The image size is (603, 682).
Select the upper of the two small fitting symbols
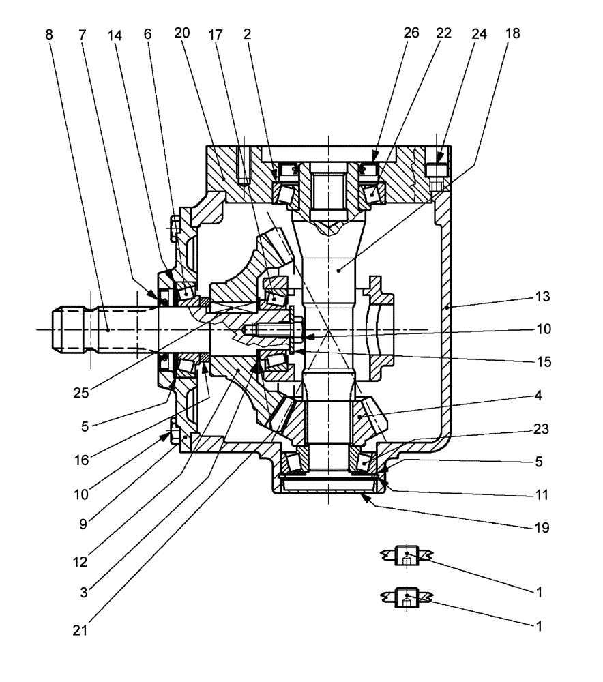[407, 557]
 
